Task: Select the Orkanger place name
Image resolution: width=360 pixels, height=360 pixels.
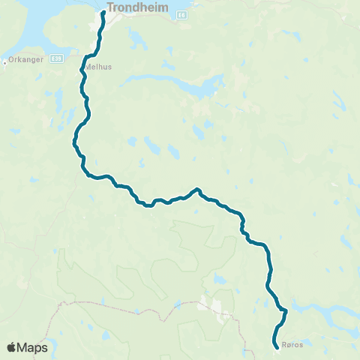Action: (x=20, y=61)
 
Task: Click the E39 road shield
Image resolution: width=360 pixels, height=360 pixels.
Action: (x=56, y=58)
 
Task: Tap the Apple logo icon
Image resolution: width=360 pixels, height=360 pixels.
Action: (x=12, y=347)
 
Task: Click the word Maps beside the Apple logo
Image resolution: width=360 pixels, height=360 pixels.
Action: (x=34, y=348)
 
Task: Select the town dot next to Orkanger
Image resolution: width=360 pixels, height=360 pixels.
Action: (x=4, y=61)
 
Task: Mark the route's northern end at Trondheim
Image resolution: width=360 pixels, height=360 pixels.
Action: (x=103, y=13)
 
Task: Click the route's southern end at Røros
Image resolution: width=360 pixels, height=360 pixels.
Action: (x=277, y=346)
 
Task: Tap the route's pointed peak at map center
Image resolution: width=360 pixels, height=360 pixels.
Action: (x=196, y=190)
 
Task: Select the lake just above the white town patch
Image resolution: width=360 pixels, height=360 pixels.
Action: (x=217, y=279)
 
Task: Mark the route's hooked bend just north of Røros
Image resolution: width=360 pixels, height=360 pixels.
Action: (x=284, y=310)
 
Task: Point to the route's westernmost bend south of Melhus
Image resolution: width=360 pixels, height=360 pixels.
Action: (x=74, y=141)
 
